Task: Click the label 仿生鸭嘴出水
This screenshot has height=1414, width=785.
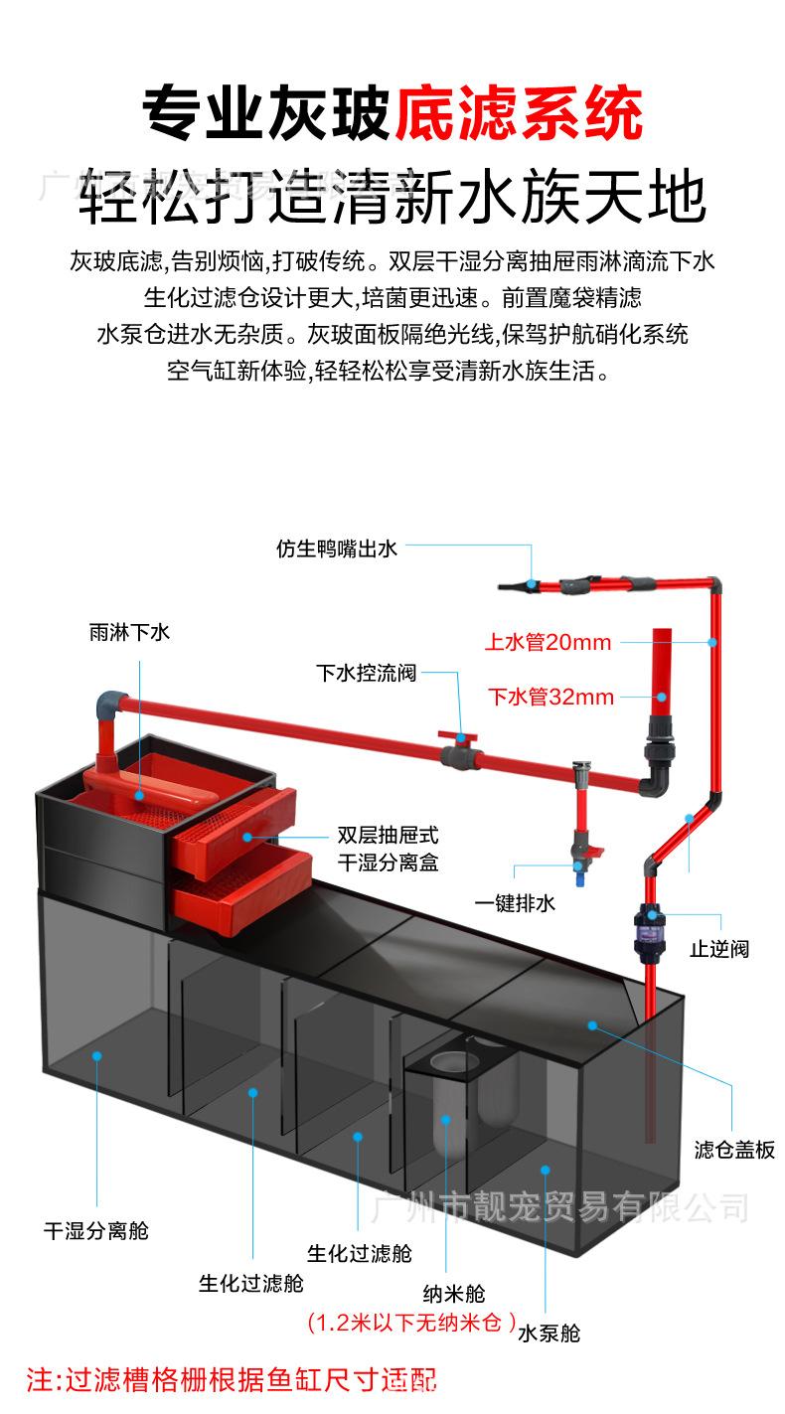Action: click(337, 548)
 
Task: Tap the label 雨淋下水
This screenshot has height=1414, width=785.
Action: click(129, 632)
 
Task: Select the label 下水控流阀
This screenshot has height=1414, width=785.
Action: click(366, 673)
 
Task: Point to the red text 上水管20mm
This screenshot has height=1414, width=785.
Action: click(548, 642)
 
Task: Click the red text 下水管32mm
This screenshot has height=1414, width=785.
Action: click(550, 697)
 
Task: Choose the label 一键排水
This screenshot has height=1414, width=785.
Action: click(514, 903)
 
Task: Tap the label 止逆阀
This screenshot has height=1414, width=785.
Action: click(718, 949)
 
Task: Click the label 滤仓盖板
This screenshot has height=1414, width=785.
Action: click(734, 1150)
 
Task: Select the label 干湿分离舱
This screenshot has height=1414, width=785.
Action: click(95, 1230)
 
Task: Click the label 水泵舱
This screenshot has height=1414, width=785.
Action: click(549, 1333)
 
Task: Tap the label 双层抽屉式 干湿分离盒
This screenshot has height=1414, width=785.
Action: click(388, 849)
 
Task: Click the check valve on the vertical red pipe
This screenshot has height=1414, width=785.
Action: click(651, 930)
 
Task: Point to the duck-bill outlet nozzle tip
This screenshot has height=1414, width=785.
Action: click(508, 585)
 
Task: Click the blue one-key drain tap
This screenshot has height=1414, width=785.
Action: click(578, 874)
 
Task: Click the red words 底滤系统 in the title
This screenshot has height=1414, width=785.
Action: click(518, 114)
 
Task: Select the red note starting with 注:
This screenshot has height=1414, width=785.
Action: click(231, 1380)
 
